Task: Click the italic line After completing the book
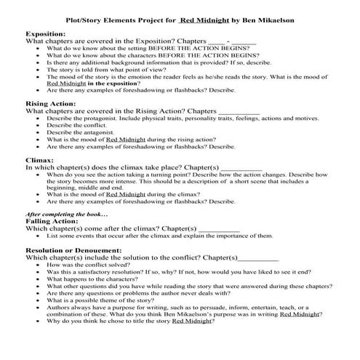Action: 66,215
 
